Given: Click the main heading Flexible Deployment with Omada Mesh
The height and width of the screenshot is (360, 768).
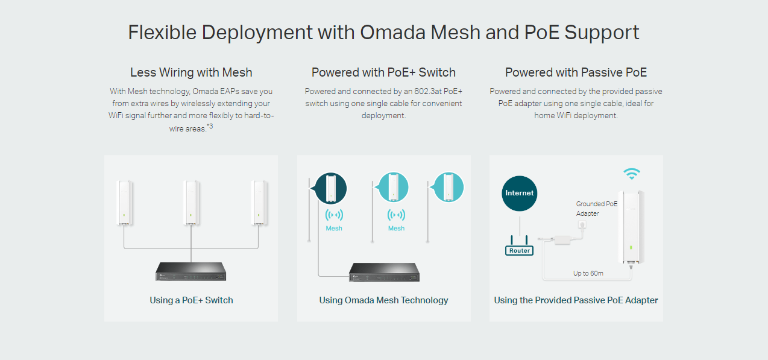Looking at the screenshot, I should (x=383, y=33).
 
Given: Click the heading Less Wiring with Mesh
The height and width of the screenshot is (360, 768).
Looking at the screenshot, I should (x=191, y=72).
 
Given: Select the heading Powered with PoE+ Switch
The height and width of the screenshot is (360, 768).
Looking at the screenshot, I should (x=383, y=72).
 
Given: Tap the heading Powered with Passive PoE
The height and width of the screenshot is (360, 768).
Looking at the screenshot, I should (x=576, y=72).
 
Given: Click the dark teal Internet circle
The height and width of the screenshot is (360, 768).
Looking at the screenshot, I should (x=519, y=193).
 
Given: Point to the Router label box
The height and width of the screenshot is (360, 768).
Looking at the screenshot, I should (x=519, y=250).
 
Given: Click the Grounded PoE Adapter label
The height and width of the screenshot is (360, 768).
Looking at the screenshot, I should (x=596, y=209).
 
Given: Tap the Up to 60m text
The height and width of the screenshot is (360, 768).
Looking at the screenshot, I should (x=588, y=273).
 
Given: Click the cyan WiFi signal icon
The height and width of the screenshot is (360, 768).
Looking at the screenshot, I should (x=631, y=174).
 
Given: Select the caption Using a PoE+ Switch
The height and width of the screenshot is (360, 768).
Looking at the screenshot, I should (x=191, y=300).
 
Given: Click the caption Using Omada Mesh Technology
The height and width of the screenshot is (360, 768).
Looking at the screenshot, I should (x=383, y=300).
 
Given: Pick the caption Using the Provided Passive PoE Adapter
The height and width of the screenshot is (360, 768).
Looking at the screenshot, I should (x=576, y=300).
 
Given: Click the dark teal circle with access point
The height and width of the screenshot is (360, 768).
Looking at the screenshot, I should (x=331, y=188).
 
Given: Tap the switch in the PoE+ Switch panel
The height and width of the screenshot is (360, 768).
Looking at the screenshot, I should (x=190, y=271).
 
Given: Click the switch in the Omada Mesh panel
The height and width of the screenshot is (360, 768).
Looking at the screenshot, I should (x=383, y=272).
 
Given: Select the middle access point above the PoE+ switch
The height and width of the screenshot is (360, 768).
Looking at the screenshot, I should (x=190, y=203).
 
